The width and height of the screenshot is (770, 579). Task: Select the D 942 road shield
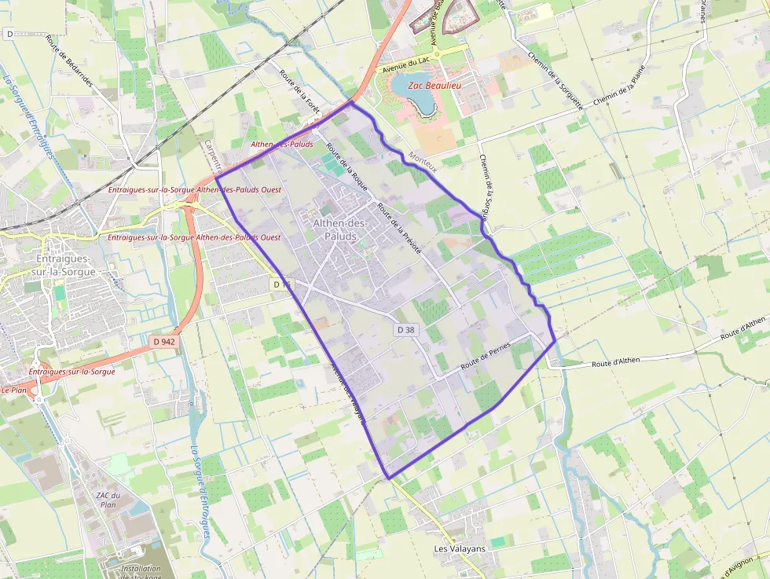point(163,342)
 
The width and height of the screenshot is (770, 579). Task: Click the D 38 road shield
point(405,330)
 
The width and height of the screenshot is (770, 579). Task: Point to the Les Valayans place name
point(460,548)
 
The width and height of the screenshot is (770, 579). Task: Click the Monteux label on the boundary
point(423,158)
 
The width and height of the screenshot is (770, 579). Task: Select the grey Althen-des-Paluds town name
point(340,229)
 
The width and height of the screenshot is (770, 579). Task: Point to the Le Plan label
point(14,390)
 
